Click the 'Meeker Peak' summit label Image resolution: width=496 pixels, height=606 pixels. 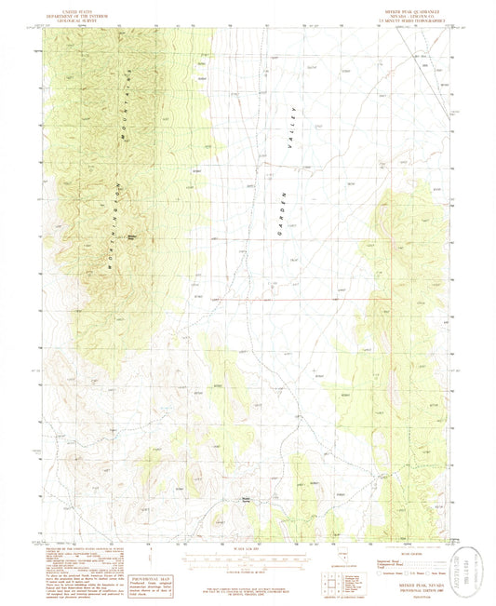click(133, 237)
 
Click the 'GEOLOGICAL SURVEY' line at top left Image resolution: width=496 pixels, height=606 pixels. click(77, 19)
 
